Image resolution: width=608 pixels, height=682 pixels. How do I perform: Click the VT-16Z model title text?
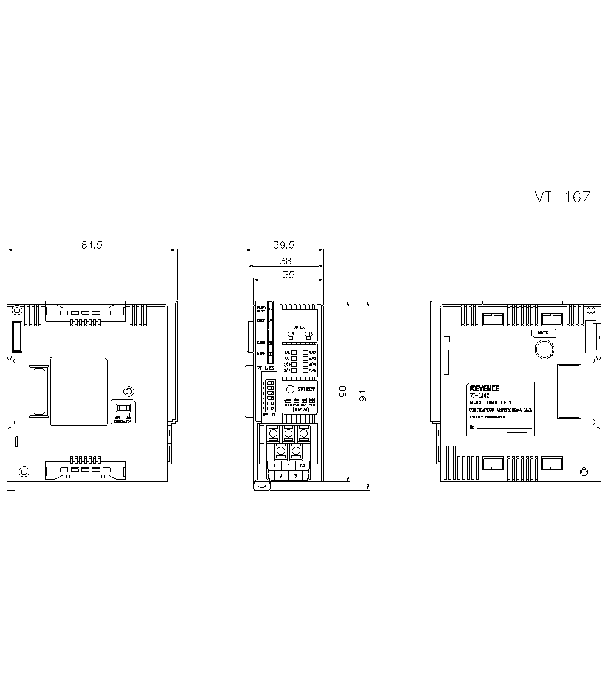(x=562, y=197)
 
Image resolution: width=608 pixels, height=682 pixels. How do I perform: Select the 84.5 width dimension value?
(x=92, y=245)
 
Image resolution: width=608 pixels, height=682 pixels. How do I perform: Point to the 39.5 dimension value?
(x=284, y=245)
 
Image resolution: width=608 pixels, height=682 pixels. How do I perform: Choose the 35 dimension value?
(x=288, y=275)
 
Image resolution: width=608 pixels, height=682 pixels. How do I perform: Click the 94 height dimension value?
(x=363, y=395)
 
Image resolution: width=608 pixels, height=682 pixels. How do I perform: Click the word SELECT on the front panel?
(x=306, y=390)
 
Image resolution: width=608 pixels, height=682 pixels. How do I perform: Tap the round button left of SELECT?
(x=290, y=390)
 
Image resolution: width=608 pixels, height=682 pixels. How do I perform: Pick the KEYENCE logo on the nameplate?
(x=484, y=388)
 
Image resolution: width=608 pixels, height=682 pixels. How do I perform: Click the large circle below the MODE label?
(x=544, y=348)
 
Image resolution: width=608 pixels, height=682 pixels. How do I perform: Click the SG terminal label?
(x=302, y=466)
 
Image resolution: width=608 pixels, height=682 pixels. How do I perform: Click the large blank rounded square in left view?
(x=79, y=391)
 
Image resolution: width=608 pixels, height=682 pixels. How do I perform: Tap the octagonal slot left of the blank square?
(x=38, y=391)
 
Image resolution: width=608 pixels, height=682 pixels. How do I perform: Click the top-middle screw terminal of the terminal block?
(x=288, y=433)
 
